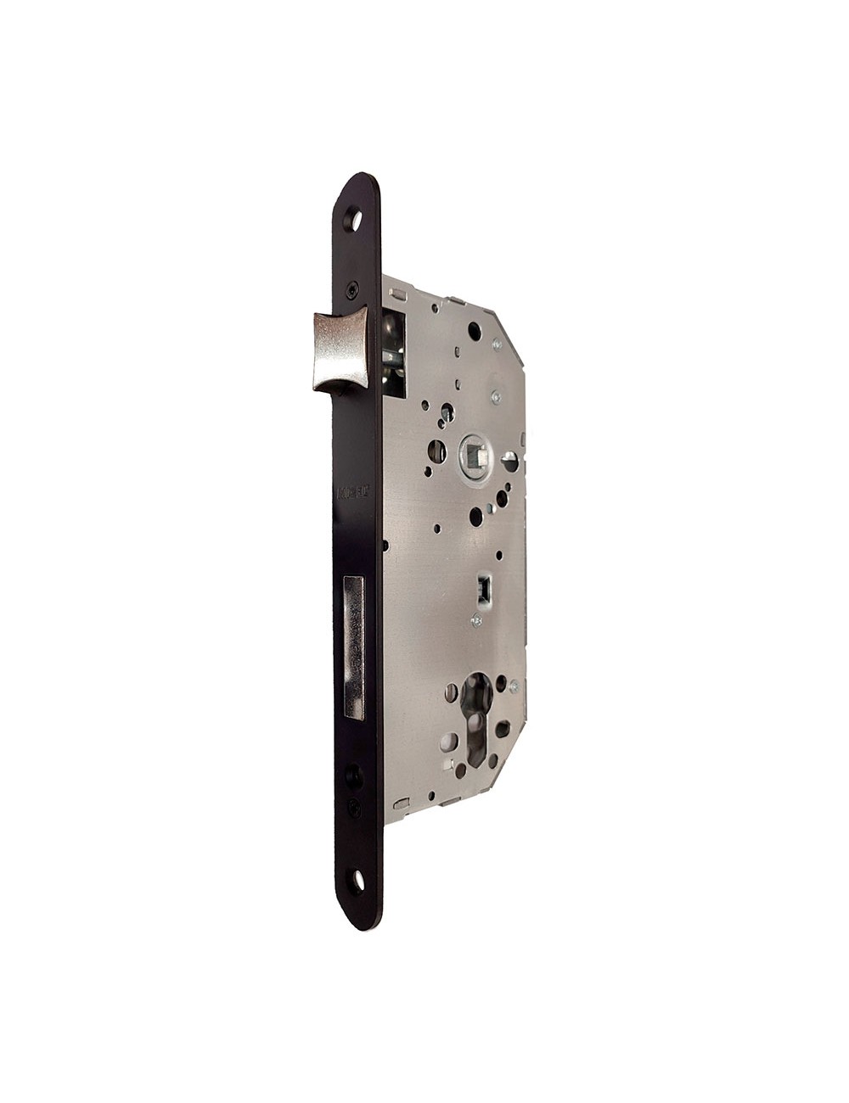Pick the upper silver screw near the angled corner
pos(494,347)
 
